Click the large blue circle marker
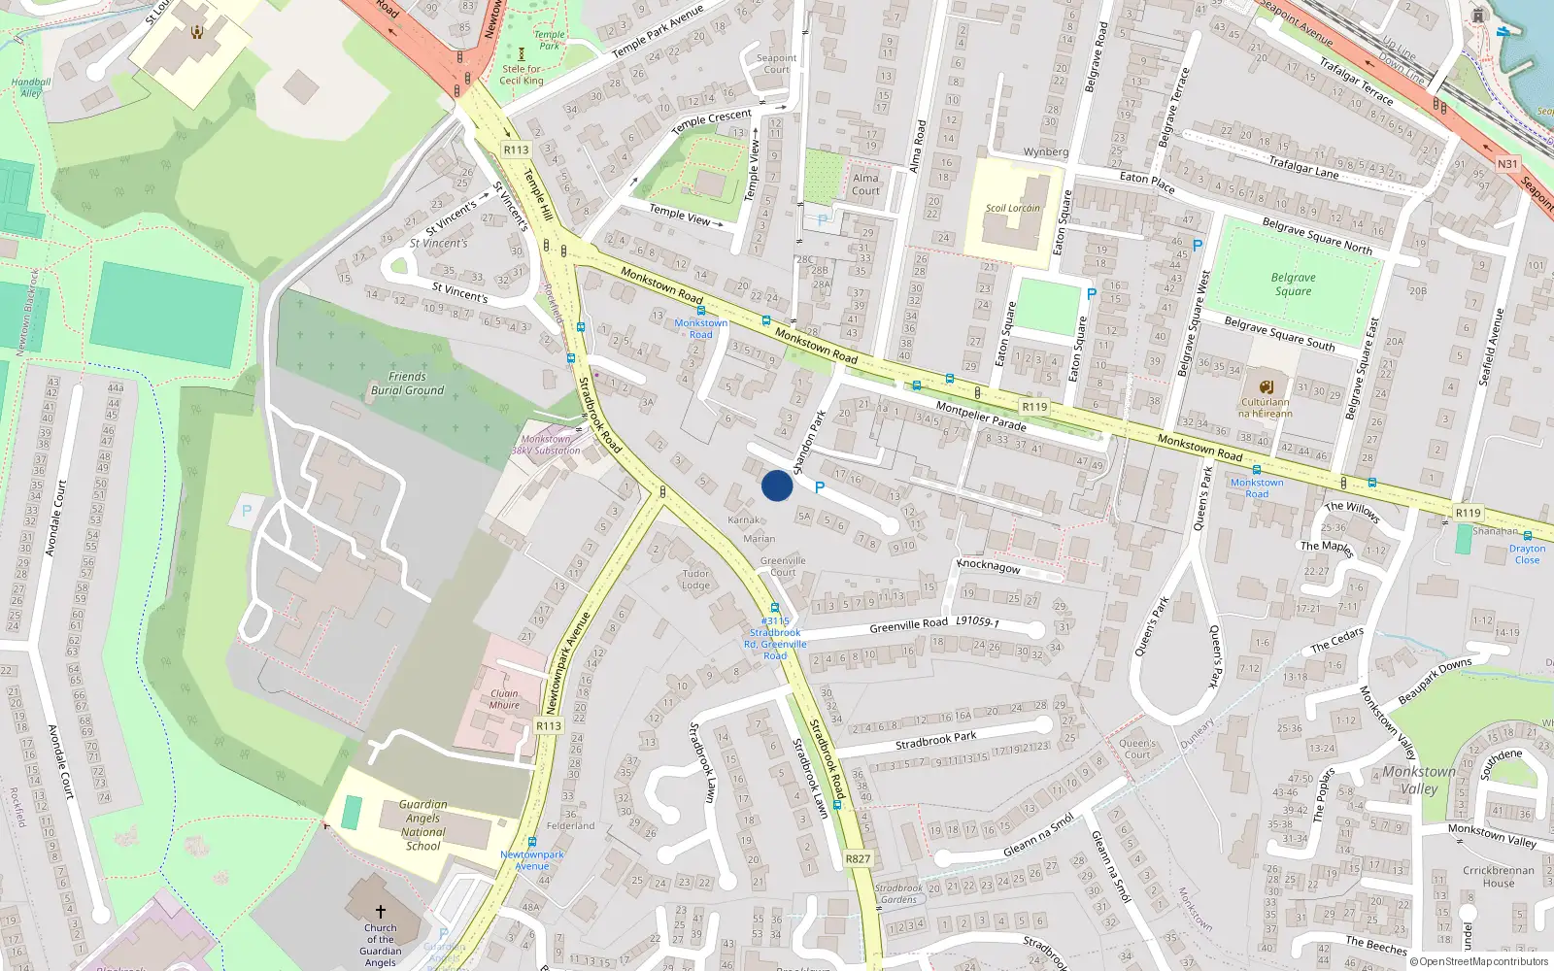[777, 485]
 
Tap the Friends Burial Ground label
[407, 384]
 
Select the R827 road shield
[858, 858]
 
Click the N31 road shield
[1506, 164]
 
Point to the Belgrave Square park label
[1293, 284]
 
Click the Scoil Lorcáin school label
[1012, 208]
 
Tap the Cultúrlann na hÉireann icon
[1266, 386]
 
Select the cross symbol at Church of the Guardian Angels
[380, 912]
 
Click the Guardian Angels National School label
[423, 825]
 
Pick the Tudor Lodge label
[695, 580]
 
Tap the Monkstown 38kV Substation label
[546, 445]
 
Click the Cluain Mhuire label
[504, 699]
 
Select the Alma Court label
[865, 184]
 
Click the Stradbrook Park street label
[935, 740]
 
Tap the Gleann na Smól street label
[1038, 836]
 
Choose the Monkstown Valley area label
[1419, 780]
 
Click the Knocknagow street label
[989, 566]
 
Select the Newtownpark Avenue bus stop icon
[531, 841]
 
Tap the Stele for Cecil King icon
[522, 54]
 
